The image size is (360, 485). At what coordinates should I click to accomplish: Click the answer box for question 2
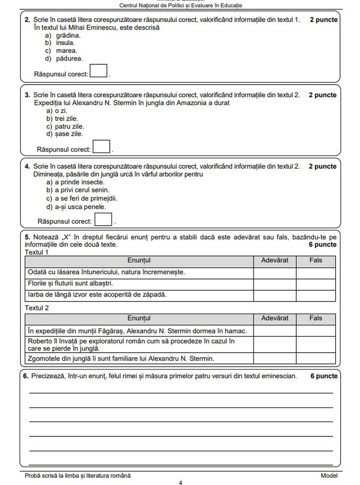pos(99,71)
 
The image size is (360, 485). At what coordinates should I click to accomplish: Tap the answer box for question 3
pos(102,147)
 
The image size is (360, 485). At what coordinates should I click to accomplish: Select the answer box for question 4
pos(104,219)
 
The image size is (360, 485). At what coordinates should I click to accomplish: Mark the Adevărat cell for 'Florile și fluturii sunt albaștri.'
pos(274,284)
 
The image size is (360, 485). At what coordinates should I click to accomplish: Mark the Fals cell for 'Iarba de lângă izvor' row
pos(315,296)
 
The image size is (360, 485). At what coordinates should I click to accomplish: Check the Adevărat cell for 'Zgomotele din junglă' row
pos(274,359)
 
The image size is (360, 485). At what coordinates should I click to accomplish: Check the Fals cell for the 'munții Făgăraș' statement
pos(315,331)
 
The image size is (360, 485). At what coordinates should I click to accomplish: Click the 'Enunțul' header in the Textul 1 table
pos(139,260)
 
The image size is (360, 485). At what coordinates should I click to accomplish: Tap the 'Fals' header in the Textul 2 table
pos(315,318)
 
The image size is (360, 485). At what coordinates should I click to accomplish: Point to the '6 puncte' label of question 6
pos(323,376)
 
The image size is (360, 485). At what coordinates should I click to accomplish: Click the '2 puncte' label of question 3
pos(322,95)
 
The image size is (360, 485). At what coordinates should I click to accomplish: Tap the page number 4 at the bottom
pos(180,483)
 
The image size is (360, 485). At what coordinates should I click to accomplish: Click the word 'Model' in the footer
pos(328,475)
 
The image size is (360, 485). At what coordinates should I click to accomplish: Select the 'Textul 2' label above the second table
pos(36,308)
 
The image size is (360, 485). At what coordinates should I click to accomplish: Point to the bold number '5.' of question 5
pos(27,237)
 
